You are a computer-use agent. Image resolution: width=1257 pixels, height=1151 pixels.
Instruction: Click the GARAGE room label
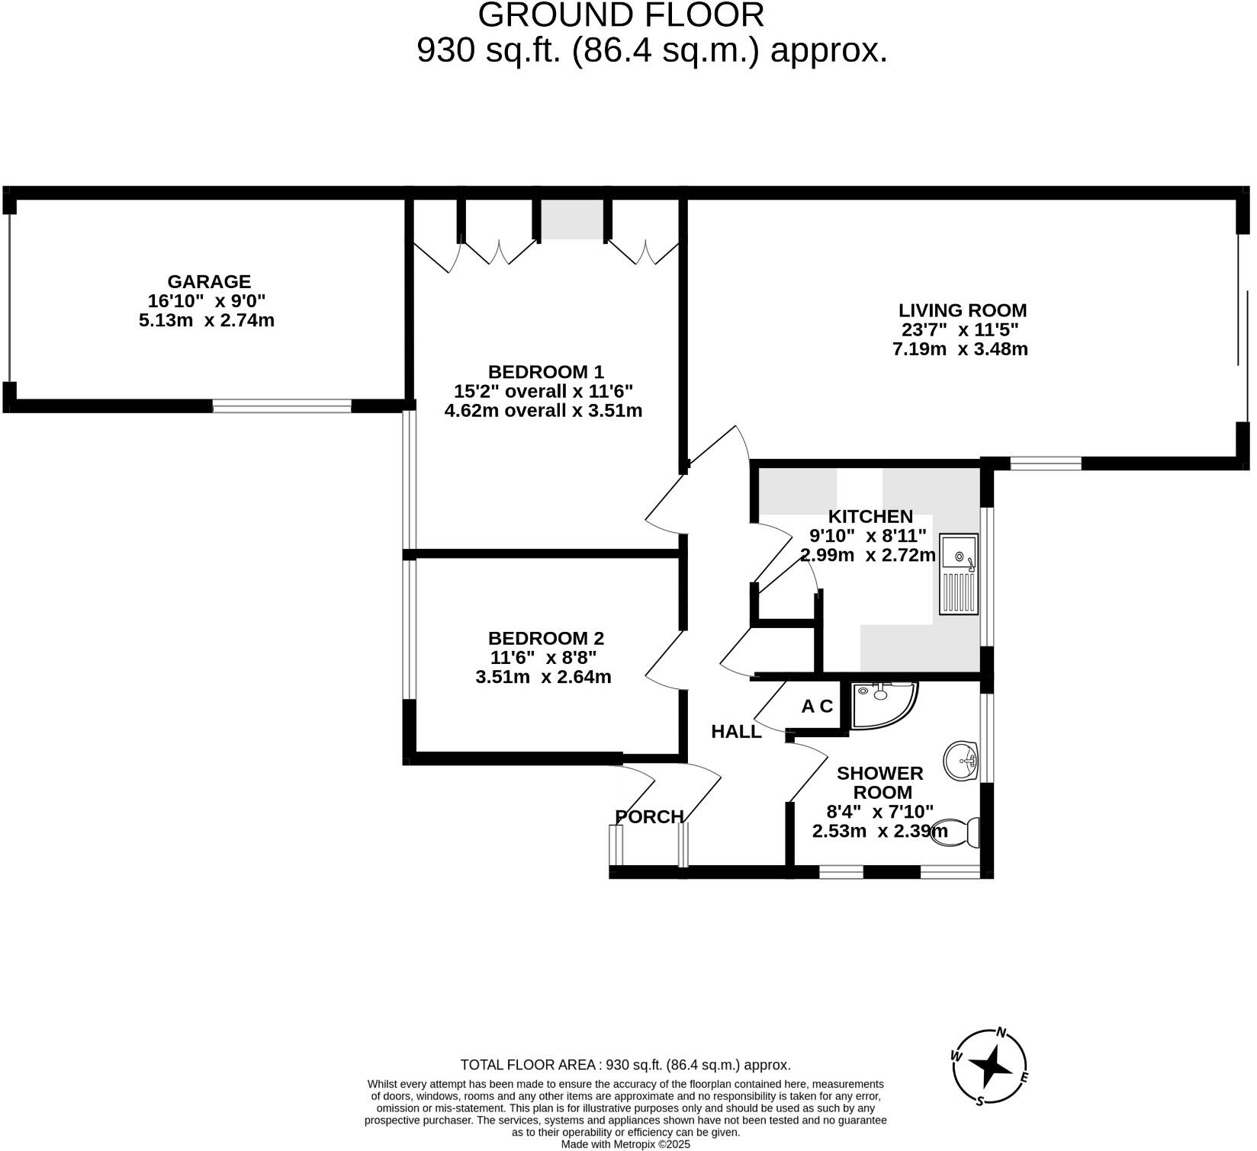click(209, 281)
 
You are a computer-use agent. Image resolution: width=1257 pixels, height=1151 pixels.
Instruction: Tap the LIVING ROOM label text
click(962, 310)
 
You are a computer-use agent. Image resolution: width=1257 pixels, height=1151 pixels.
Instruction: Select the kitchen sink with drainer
click(959, 574)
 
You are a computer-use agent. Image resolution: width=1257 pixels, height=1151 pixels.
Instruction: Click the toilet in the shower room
click(958, 832)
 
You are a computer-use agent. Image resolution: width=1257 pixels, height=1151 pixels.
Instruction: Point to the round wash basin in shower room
click(961, 760)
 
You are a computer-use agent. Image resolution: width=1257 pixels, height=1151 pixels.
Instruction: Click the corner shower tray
click(882, 704)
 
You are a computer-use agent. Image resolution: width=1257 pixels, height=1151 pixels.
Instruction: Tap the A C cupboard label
click(817, 707)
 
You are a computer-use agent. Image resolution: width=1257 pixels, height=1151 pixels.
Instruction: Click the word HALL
click(736, 732)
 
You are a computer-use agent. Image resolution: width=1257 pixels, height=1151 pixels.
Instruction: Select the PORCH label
click(649, 816)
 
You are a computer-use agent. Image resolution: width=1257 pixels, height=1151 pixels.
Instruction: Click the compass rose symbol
click(990, 1066)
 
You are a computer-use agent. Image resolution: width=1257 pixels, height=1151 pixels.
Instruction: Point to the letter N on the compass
click(1001, 1033)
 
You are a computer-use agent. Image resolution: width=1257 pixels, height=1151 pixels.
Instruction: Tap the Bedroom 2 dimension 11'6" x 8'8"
click(543, 657)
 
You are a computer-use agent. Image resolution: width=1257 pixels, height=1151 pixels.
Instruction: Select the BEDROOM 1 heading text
click(545, 372)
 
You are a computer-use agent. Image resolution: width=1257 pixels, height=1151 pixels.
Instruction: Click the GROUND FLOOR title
click(621, 15)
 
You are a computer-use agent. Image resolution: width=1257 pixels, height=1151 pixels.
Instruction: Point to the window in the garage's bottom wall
click(281, 406)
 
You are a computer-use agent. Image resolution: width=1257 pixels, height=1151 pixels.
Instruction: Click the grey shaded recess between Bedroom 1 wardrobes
click(571, 220)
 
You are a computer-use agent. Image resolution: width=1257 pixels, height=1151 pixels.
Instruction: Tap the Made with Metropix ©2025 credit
click(625, 1144)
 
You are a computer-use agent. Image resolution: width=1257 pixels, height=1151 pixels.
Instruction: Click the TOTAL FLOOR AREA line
click(625, 1065)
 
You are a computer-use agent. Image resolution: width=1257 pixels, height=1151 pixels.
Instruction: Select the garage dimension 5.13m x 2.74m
click(207, 320)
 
